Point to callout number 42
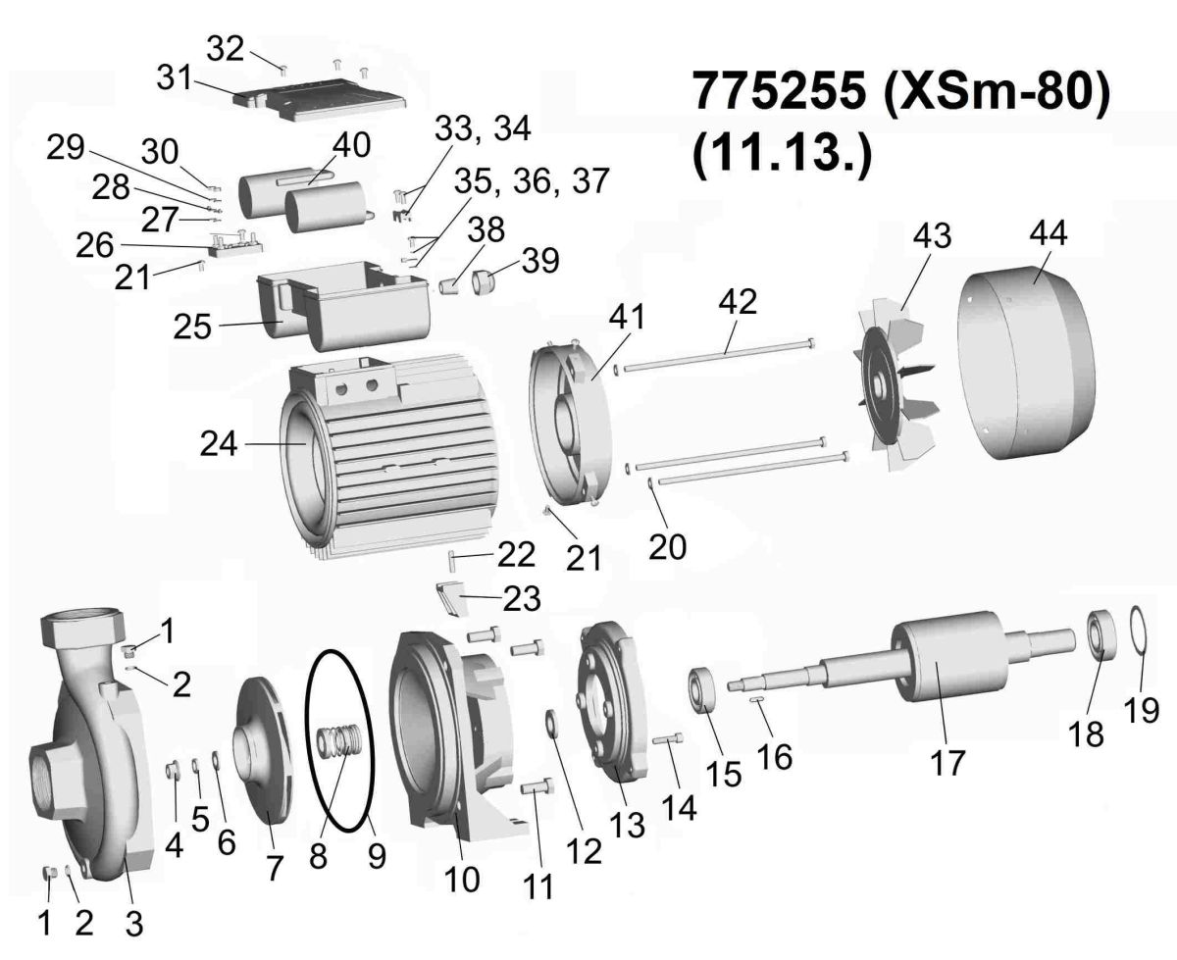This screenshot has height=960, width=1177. [x=738, y=302]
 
